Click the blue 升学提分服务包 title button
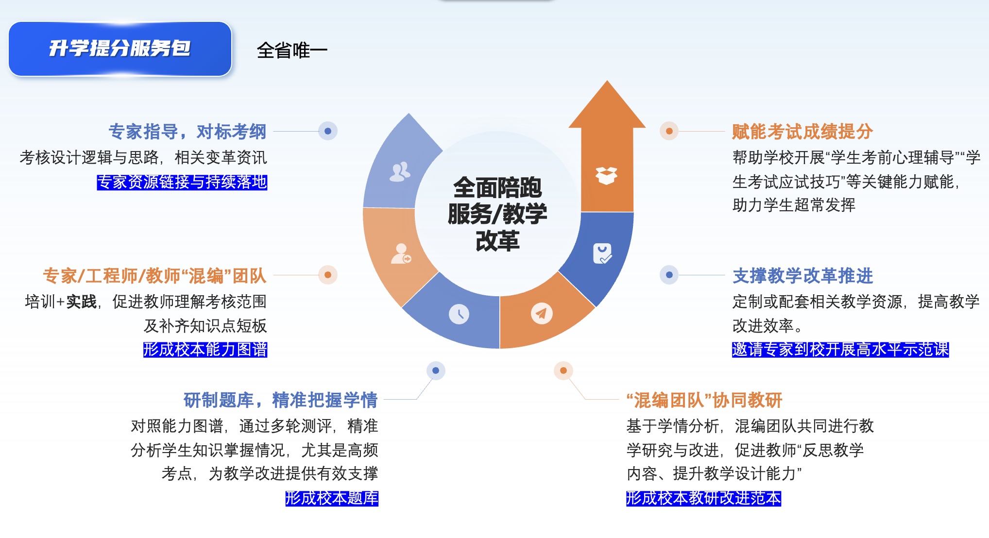click(x=120, y=49)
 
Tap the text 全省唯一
click(x=292, y=50)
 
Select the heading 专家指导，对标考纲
click(x=188, y=132)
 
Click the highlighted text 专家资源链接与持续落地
click(x=182, y=182)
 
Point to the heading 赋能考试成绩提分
click(x=802, y=132)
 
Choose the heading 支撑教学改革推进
click(x=802, y=276)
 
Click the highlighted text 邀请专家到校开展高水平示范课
click(x=840, y=350)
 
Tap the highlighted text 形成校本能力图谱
click(x=205, y=350)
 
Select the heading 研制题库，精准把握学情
click(x=280, y=400)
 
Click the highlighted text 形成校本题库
click(x=332, y=498)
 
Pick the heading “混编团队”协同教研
click(x=704, y=400)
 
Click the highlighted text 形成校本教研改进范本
click(x=703, y=498)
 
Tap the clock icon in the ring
click(x=459, y=314)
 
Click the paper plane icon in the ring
click(x=541, y=313)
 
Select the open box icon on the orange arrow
click(x=606, y=175)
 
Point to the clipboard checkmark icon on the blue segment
click(x=602, y=253)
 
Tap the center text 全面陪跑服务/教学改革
click(x=497, y=214)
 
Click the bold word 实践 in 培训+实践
click(x=82, y=302)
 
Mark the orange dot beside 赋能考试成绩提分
click(x=669, y=131)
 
